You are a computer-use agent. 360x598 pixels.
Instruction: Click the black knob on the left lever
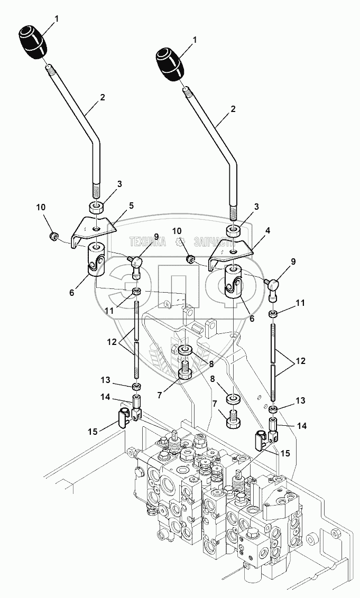point(33,42)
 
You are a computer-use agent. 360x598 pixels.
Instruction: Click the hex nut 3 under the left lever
point(96,206)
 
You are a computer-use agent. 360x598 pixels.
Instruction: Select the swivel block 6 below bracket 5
point(96,259)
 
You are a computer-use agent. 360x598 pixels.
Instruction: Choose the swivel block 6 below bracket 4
point(233,283)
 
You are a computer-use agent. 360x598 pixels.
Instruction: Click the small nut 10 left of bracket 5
point(53,236)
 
